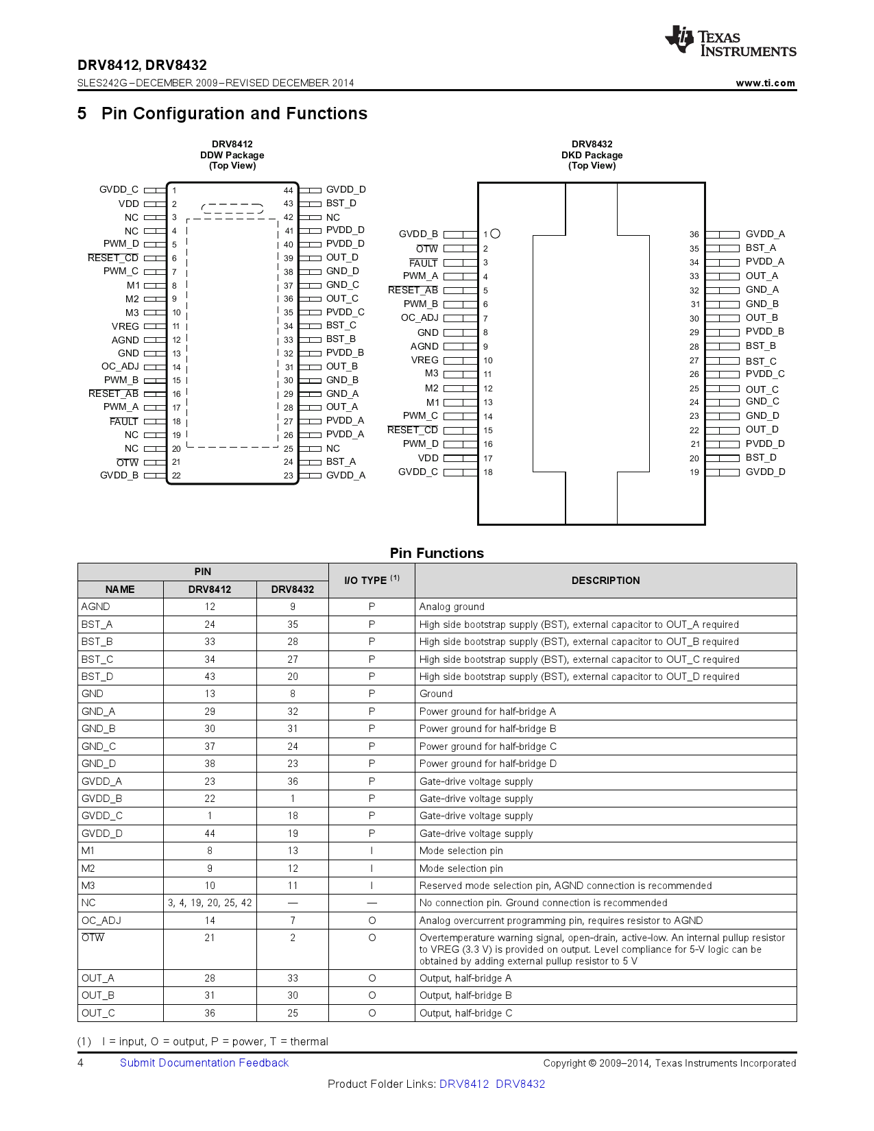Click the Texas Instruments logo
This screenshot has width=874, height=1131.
pos(730,42)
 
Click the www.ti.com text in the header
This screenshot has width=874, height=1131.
pos(765,83)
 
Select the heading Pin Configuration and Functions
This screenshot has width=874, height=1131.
pos(234,114)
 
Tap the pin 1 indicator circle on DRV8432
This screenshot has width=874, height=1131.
pos(496,234)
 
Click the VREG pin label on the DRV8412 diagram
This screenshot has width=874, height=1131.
pos(125,326)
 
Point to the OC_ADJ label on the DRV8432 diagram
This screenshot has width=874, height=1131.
pos(420,317)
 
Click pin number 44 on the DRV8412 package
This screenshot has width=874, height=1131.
pos(288,191)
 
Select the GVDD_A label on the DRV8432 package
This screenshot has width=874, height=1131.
pos(765,234)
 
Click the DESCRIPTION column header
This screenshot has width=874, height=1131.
pos(605,581)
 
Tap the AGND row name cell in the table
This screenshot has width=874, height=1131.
pos(96,607)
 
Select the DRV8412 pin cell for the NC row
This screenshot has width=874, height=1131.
pos(210,903)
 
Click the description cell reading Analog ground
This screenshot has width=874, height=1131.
pos(452,607)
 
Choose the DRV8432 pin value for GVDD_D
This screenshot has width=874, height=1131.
pos(293,834)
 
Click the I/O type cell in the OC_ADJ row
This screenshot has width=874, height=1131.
pos(372,921)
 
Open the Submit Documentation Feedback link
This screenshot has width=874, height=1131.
pos(204,1062)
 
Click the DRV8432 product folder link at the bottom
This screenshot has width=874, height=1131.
pos(520,1084)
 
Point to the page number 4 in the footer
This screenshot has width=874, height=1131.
pos(81,1062)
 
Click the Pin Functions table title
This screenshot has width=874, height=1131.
pos(437,553)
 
